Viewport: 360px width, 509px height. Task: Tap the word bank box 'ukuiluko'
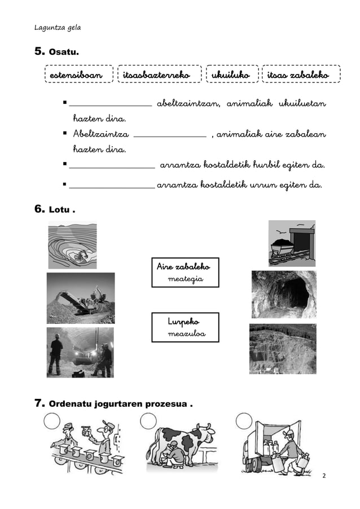tap(231, 74)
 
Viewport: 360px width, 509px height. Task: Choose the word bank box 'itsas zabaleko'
tap(301, 74)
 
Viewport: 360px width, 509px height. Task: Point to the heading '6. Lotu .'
tap(55, 210)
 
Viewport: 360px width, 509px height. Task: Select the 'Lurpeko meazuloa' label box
tap(185, 327)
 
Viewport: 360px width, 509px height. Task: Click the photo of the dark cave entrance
tap(283, 293)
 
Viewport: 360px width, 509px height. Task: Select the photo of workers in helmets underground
tap(80, 353)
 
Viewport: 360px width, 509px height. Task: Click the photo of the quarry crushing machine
tap(80, 298)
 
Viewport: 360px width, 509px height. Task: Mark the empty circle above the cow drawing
tap(148, 420)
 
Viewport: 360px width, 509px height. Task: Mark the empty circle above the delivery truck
tap(244, 420)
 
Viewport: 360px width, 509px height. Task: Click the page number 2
tap(324, 476)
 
